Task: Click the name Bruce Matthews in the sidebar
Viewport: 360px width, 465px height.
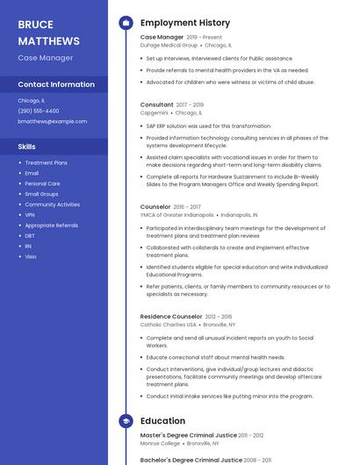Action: coord(48,32)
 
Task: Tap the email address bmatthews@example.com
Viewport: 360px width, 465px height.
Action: coord(53,122)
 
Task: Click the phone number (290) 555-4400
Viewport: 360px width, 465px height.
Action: coord(39,111)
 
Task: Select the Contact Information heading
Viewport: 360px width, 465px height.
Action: coord(56,85)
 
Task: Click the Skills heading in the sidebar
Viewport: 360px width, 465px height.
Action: coord(27,147)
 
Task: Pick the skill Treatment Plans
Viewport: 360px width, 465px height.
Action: coord(46,162)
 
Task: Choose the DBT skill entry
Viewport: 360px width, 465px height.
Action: coord(30,236)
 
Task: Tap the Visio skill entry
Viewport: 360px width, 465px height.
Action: coord(31,257)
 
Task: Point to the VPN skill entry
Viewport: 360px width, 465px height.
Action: coord(30,215)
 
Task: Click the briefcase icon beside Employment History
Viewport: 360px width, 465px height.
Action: coord(126,23)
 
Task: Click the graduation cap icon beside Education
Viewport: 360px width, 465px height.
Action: coord(126,421)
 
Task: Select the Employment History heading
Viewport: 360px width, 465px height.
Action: coord(185,23)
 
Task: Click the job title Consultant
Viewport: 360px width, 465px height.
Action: coord(157,104)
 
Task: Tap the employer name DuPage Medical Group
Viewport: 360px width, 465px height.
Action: coord(169,45)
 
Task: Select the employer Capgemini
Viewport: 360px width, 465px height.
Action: coord(154,112)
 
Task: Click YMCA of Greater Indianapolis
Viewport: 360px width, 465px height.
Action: coord(176,215)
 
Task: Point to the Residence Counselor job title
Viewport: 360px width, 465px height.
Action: coord(171,316)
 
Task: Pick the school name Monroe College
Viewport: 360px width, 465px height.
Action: coord(161,443)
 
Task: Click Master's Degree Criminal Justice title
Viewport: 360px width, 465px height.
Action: coord(188,435)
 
